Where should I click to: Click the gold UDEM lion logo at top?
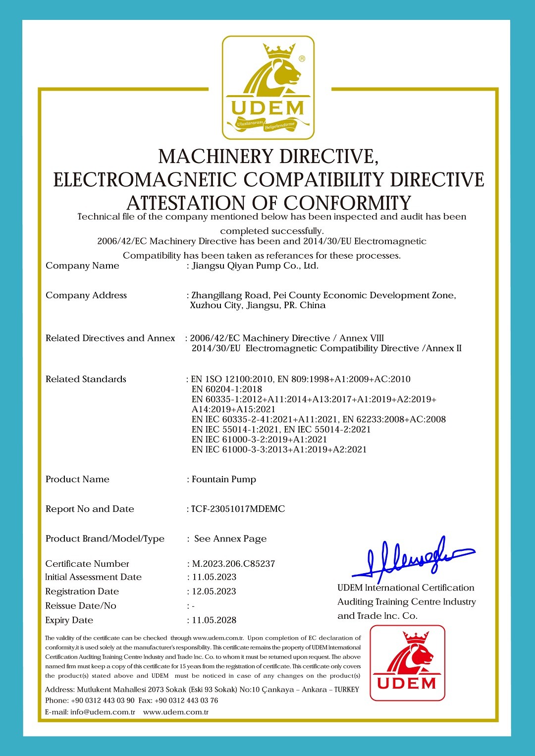point(268,87)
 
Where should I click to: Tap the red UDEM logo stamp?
point(407,663)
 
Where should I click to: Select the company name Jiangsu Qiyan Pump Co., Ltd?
point(255,266)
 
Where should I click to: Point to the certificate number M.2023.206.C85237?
point(233,564)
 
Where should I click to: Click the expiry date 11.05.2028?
point(214,620)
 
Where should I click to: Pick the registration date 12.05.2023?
point(214,592)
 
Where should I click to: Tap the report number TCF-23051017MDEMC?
point(238,509)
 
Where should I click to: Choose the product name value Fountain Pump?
point(224,480)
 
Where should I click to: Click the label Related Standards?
point(86,379)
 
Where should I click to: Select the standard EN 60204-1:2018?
point(226,389)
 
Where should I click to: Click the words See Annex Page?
point(230,539)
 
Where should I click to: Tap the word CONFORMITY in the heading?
point(347,203)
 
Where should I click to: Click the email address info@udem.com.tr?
point(103,712)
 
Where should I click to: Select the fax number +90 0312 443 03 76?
point(186,701)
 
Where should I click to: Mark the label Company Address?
point(86,296)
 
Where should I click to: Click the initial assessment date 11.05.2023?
point(214,577)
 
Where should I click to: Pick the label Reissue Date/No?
point(81,606)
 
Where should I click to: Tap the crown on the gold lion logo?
point(279,50)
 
